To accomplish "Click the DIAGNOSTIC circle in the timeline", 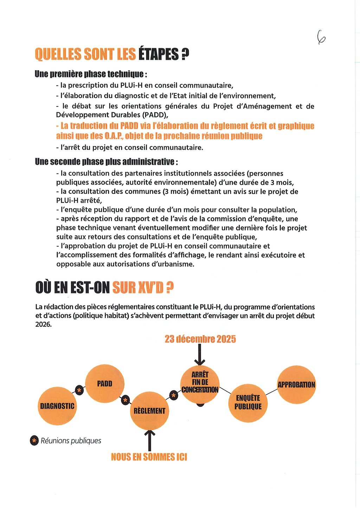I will tap(57, 406).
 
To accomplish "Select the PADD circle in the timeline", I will tap(104, 384).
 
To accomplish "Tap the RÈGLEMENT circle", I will tap(149, 411).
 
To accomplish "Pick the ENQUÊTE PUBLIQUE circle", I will tap(248, 402).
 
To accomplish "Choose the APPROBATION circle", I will tap(296, 385).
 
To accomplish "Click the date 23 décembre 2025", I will tap(200, 339).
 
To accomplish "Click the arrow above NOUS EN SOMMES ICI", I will tap(150, 440).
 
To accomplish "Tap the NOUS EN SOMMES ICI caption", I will tap(149, 457).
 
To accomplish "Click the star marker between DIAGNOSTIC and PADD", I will tap(79, 391).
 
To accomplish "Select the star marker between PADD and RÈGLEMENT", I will tap(126, 400).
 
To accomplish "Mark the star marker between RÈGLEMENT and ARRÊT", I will tap(173, 395).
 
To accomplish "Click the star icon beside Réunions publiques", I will tap(34, 440).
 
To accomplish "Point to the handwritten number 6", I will tap(321, 37).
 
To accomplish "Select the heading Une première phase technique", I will tap(91, 74).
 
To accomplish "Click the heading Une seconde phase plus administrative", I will tap(106, 162).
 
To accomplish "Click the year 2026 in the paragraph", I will tap(43, 324).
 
